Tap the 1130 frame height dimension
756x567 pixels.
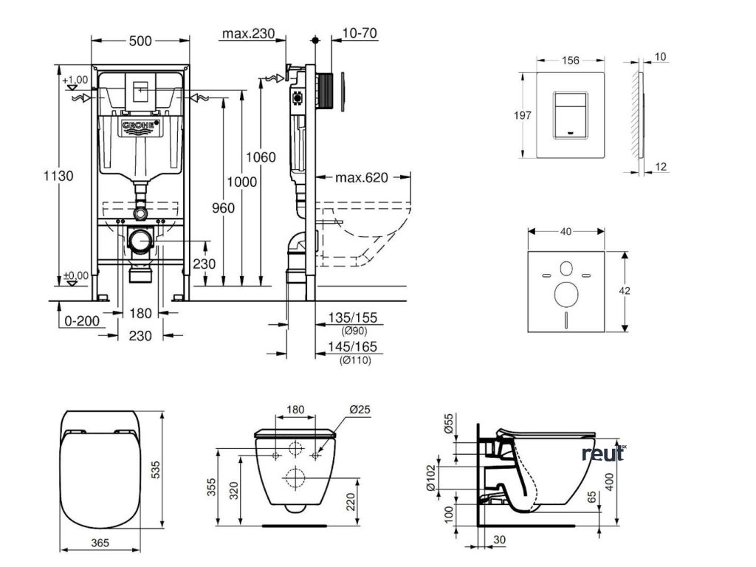58,176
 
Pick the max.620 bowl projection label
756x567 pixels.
362,178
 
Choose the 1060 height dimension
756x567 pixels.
261,157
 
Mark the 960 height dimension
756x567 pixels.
223,208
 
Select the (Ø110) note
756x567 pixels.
355,360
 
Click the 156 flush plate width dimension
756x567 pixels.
570,61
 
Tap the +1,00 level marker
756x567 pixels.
75,80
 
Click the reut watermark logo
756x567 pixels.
602,453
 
